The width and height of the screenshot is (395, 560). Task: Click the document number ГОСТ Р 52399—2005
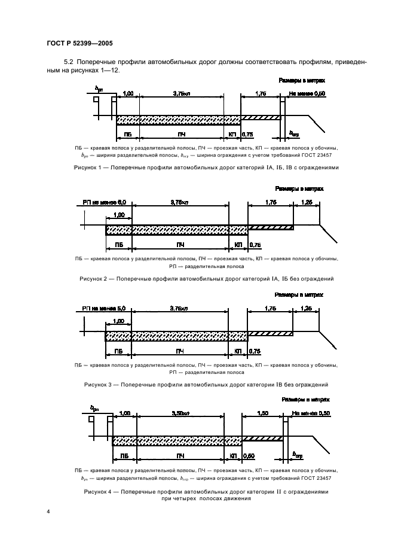[79, 44]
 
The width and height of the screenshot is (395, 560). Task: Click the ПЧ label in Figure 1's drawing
[181, 135]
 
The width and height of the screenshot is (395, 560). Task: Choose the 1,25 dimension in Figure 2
[307, 203]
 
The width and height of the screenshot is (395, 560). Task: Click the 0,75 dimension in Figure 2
[255, 245]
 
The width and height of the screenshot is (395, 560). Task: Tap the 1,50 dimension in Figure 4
[261, 413]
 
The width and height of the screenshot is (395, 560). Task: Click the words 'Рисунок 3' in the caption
[99, 385]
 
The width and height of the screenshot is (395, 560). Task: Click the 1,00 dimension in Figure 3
[118, 321]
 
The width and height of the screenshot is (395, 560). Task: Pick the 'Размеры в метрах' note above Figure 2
[303, 189]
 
